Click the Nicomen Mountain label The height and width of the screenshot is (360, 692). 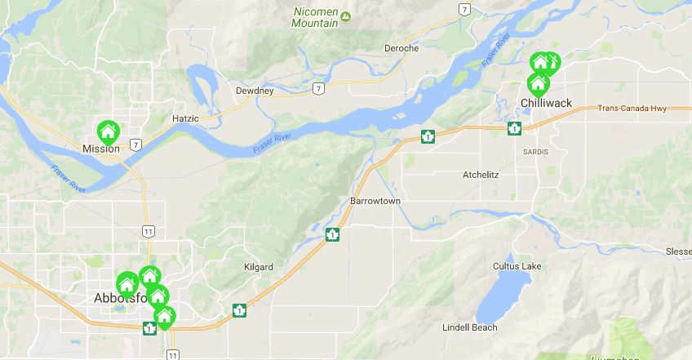coord(314,17)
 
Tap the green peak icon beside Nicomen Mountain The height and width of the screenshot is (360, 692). coord(346,16)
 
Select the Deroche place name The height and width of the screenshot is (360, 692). coord(401,48)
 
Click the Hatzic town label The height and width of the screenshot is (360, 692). coord(185,118)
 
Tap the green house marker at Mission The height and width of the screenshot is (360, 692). coord(108,131)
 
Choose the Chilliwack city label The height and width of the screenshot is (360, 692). coord(546,102)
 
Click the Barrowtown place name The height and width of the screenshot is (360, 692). coord(375,201)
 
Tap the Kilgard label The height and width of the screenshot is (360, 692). coord(259,267)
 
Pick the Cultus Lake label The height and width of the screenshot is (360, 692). coord(517,267)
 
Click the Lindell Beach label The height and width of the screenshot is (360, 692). coord(469,327)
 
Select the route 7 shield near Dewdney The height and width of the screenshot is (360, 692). coord(318,87)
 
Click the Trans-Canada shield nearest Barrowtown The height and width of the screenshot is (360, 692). coord(332,235)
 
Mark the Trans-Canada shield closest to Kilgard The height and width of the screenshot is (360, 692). coord(239,310)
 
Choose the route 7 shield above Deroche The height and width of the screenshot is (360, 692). coord(464,9)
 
